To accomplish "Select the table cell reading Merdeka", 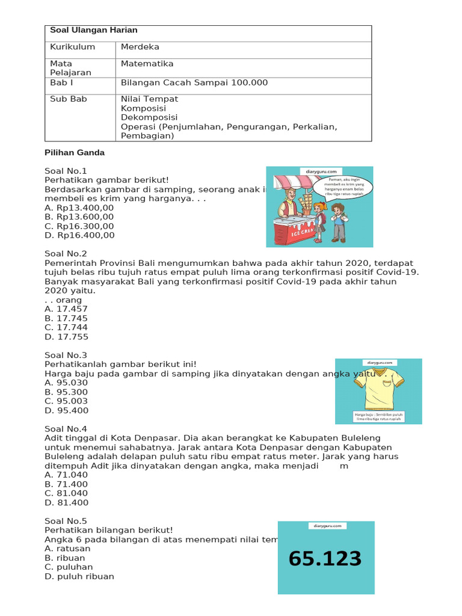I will pyautogui.click(x=140, y=47).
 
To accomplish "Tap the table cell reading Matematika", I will pyautogui.click(x=147, y=64).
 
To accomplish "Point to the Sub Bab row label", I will pyautogui.click(x=69, y=99).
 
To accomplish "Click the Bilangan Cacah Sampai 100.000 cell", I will pyautogui.click(x=194, y=82).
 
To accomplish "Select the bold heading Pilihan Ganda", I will pyautogui.click(x=75, y=153).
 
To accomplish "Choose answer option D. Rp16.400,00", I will pyautogui.click(x=79, y=235).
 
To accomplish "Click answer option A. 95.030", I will pyautogui.click(x=66, y=383).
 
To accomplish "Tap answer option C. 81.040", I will pyautogui.click(x=66, y=493).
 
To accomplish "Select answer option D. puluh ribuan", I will pyautogui.click(x=79, y=576).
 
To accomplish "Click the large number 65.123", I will pyautogui.click(x=325, y=559).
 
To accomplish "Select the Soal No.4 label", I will pyautogui.click(x=66, y=429).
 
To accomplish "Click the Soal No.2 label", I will pyautogui.click(x=66, y=254).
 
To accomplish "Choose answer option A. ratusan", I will pyautogui.click(x=67, y=549).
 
